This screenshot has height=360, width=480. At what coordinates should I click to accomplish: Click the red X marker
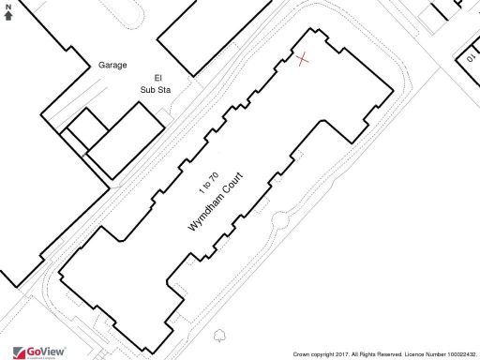click(x=302, y=60)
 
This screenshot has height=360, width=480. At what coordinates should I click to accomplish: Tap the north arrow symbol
click(x=8, y=15)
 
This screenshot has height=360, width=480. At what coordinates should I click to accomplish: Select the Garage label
click(x=112, y=66)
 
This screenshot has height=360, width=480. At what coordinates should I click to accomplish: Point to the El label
click(x=145, y=78)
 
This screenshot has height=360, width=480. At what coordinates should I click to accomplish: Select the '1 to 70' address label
click(x=208, y=177)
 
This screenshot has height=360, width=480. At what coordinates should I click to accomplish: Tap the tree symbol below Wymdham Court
click(x=219, y=336)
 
